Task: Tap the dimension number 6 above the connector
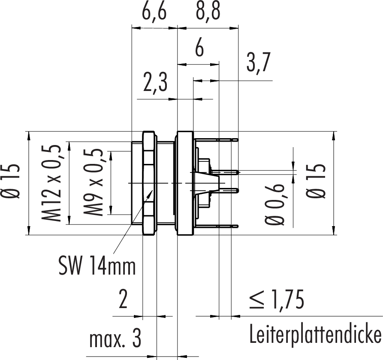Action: point(199,49)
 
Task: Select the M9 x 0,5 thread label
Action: point(92,183)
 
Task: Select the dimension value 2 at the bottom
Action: point(123,300)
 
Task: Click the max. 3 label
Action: point(115,341)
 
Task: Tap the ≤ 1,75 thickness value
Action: point(277,300)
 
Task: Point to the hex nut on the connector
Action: point(148,183)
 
